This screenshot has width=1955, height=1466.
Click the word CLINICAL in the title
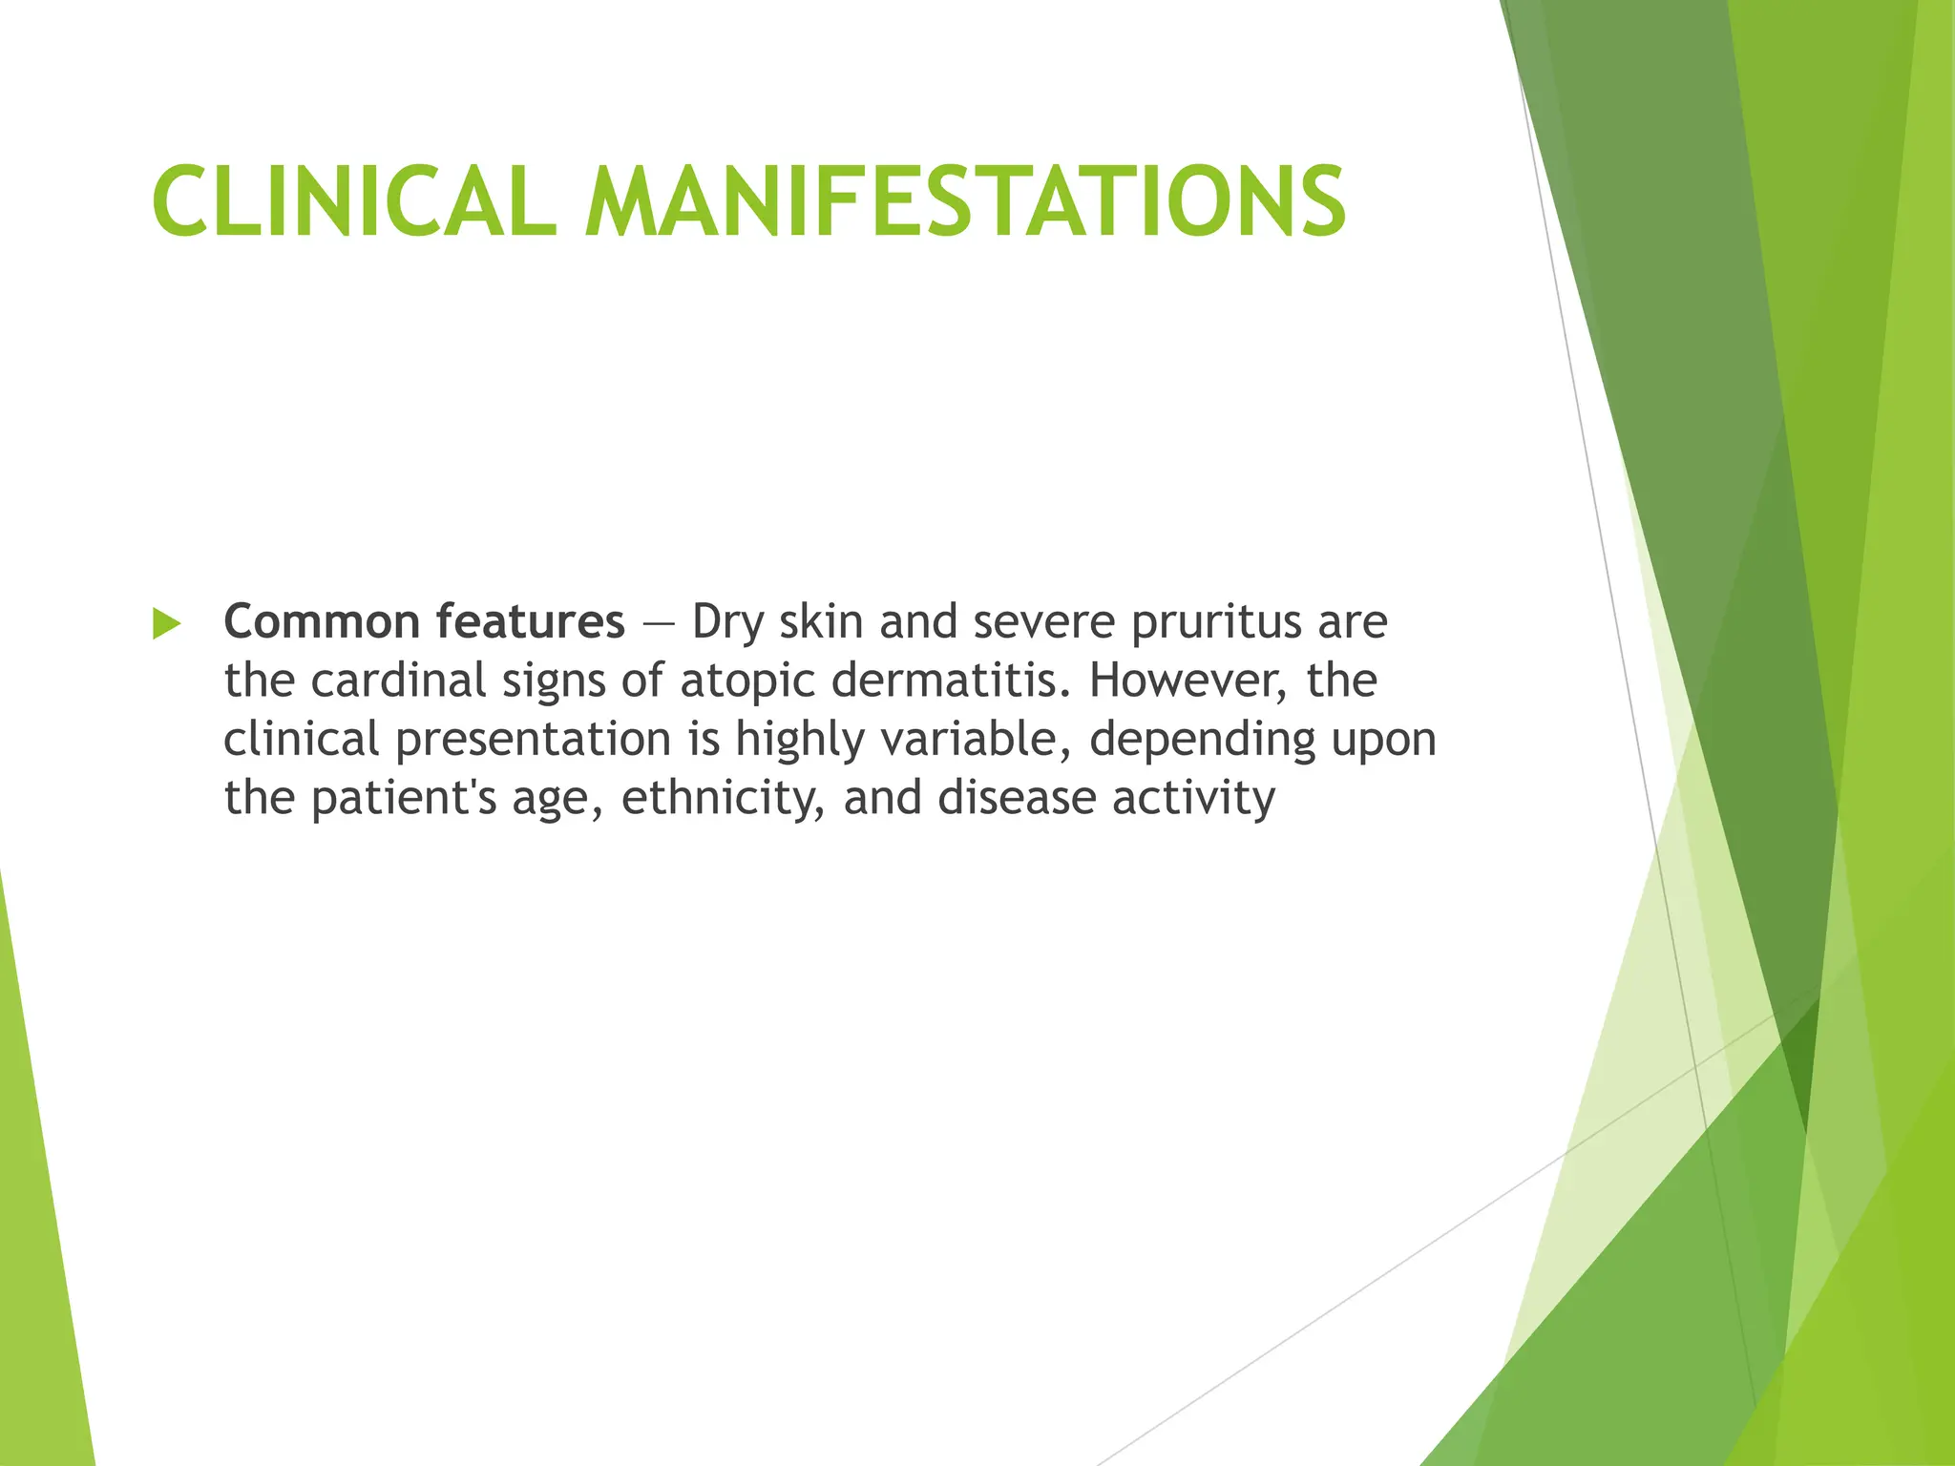354,201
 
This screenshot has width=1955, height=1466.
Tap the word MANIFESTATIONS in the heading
965,201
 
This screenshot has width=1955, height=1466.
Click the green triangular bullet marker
166,624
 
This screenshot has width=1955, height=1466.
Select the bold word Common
322,622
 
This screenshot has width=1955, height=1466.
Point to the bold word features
531,622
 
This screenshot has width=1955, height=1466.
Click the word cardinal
398,681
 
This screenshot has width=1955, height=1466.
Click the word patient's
404,799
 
